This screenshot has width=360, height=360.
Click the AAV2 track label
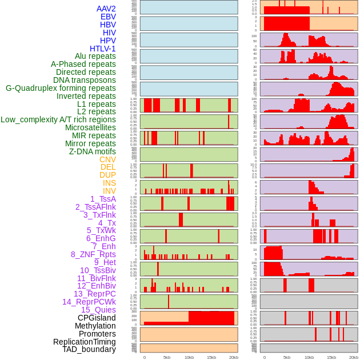pyautogui.click(x=106, y=9)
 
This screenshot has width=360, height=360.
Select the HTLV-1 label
pyautogui.click(x=102, y=49)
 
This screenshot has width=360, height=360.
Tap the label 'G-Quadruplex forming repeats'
pyautogui.click(x=61, y=88)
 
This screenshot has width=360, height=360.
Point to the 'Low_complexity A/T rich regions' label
pyautogui.click(x=58, y=119)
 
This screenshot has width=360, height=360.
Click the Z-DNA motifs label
pyautogui.click(x=92, y=151)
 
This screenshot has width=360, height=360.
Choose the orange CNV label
pyautogui.click(x=107, y=159)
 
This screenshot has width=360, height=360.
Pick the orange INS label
pyautogui.click(x=109, y=183)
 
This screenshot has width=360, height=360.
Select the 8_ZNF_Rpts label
pyautogui.click(x=93, y=254)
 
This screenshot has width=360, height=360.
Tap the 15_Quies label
pyautogui.click(x=98, y=310)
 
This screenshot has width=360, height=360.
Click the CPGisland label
pyautogui.click(x=97, y=318)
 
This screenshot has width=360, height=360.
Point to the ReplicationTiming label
pyautogui.click(x=84, y=342)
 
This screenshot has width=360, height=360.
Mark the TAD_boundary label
pyautogui.click(x=89, y=349)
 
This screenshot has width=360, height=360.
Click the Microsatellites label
pyautogui.click(x=90, y=127)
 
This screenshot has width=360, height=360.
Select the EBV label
pyautogui.click(x=108, y=17)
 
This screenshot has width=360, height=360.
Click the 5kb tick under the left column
pyautogui.click(x=167, y=357)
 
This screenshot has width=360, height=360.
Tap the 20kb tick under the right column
pyautogui.click(x=354, y=357)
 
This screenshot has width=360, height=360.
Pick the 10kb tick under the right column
pyautogui.click(x=309, y=357)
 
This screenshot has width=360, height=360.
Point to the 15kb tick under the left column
pyautogui.click(x=211, y=357)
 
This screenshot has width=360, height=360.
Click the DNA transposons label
pyautogui.click(x=85, y=80)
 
